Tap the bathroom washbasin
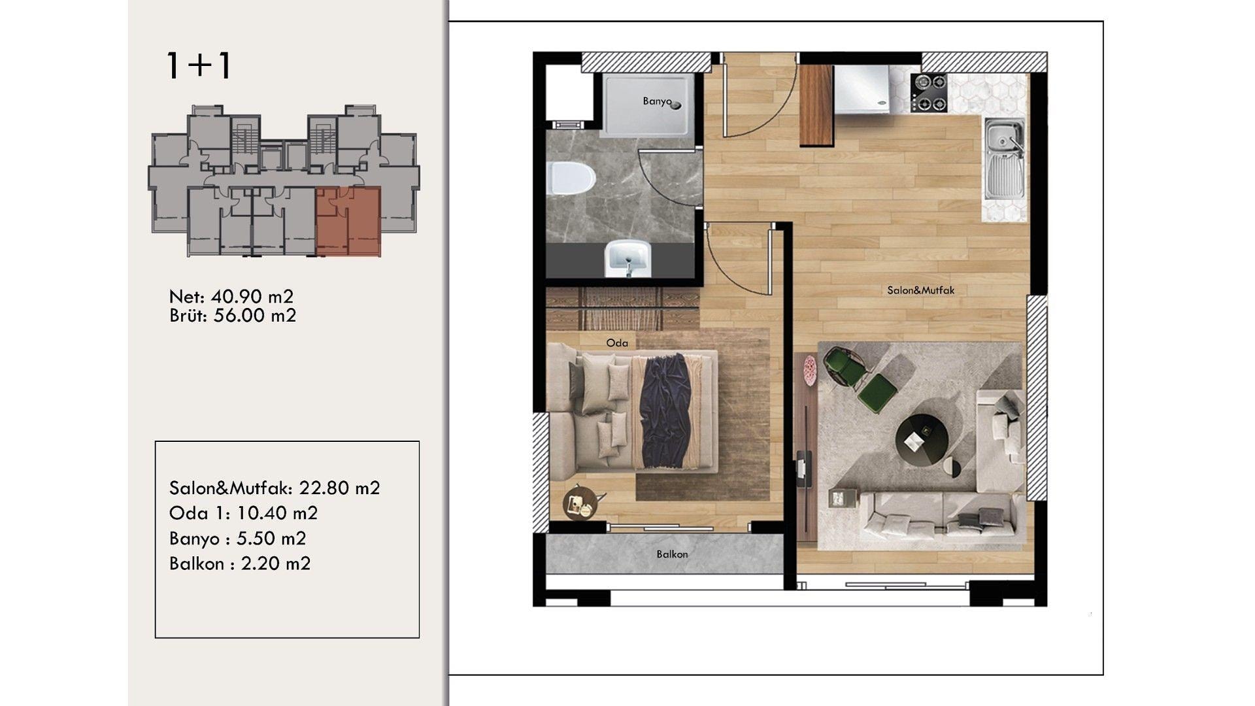(x=627, y=259)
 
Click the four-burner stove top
(x=929, y=93)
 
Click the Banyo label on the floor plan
(x=657, y=101)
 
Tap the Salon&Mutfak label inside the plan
(x=920, y=290)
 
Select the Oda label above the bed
(x=617, y=343)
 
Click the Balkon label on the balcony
(x=672, y=554)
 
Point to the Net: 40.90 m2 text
(x=231, y=297)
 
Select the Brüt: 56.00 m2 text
(x=233, y=316)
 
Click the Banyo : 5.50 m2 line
(x=237, y=539)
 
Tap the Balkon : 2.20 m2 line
(x=240, y=563)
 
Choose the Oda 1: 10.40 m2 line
(x=243, y=513)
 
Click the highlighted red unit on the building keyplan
(x=348, y=221)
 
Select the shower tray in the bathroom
(x=647, y=105)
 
